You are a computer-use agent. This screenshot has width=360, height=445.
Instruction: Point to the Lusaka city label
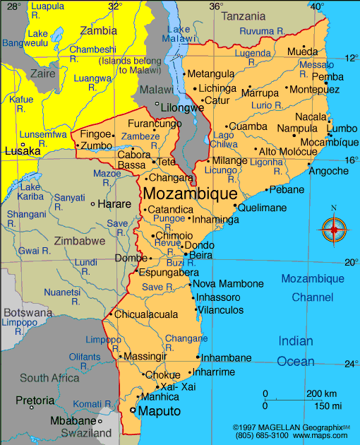pos(22,151)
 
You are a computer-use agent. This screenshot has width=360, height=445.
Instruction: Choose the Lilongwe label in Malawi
pos(182,107)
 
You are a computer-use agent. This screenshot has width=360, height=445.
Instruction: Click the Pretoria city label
pos(35,400)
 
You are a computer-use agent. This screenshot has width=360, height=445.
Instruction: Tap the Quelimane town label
pos(262,208)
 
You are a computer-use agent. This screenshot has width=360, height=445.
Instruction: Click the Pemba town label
pos(328,77)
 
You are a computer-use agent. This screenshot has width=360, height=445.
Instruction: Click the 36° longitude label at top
pos(215,6)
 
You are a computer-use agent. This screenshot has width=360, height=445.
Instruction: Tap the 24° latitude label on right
pos(351,364)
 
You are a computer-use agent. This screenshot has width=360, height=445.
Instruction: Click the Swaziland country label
pos(87,432)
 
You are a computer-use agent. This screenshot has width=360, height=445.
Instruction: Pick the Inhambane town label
pos(227,357)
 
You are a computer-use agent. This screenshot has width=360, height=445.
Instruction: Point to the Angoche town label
pos(330,171)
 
